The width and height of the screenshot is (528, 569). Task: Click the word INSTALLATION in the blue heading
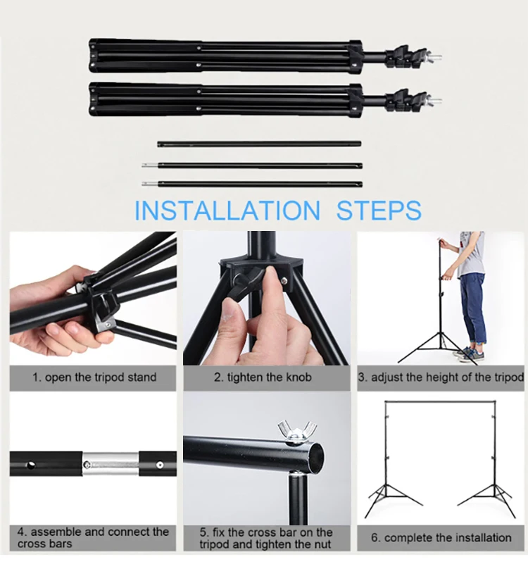point(226,211)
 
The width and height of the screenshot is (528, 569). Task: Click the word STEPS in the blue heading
point(379,211)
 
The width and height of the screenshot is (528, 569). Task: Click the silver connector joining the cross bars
point(110,463)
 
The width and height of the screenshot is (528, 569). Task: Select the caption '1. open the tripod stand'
point(94,377)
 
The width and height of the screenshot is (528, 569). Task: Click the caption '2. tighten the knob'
point(268,377)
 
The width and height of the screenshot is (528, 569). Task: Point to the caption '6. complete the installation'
point(441,538)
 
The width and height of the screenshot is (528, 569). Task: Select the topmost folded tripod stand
point(225,56)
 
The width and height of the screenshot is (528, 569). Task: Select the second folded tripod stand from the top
point(225,100)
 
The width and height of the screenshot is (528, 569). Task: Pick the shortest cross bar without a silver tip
point(259,144)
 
